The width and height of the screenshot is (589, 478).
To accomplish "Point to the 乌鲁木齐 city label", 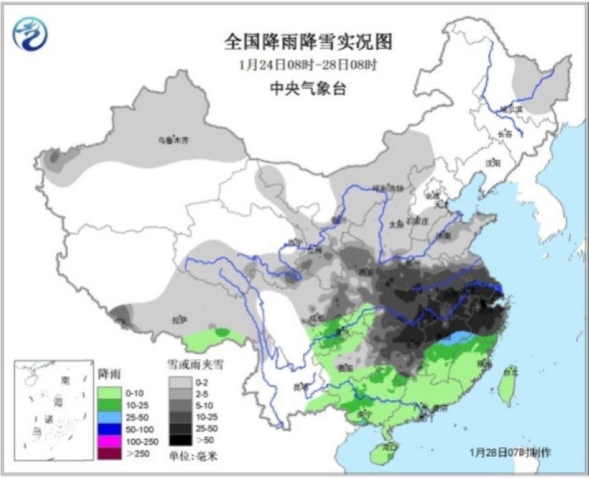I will [x=173, y=140].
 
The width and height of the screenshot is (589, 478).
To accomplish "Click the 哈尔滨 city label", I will [x=510, y=108].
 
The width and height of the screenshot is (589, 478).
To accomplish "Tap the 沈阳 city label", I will [x=493, y=163].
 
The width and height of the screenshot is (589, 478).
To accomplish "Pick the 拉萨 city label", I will [x=179, y=319].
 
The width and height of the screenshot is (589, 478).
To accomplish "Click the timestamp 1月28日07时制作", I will [x=510, y=453].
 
